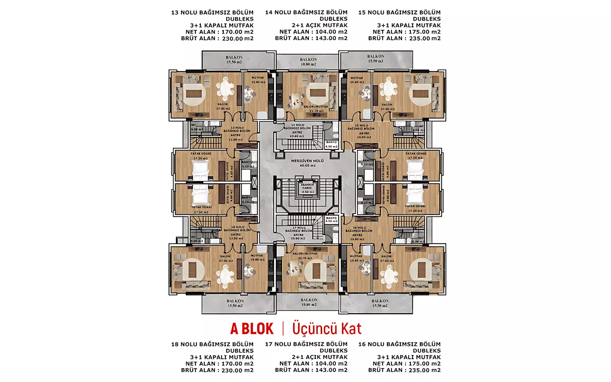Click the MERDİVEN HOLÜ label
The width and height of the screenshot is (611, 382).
pyautogui.click(x=307, y=161)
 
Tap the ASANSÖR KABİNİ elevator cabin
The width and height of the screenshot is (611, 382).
pyautogui.click(x=307, y=188)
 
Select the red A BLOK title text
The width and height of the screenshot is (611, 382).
pyautogui.click(x=252, y=329)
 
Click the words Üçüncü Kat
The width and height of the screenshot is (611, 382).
pyautogui.click(x=327, y=329)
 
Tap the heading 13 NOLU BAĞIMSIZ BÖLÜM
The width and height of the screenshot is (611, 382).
pyautogui.click(x=212, y=13)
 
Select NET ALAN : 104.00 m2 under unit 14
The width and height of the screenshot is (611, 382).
pyautogui.click(x=313, y=32)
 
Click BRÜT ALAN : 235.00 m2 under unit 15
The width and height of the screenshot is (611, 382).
pyautogui.click(x=404, y=39)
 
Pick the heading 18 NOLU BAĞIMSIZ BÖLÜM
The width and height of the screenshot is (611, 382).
pyautogui.click(x=212, y=344)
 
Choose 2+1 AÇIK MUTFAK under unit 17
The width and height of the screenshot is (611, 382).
pyautogui.click(x=320, y=357)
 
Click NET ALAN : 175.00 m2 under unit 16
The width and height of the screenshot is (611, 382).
pyautogui.click(x=406, y=364)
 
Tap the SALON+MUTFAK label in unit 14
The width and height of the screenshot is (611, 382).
pyautogui.click(x=316, y=107)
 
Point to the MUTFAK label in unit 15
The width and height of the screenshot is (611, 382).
pyautogui.click(x=357, y=78)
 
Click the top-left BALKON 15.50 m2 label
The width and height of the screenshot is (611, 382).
pyautogui.click(x=234, y=60)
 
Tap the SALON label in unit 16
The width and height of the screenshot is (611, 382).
pyautogui.click(x=386, y=256)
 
